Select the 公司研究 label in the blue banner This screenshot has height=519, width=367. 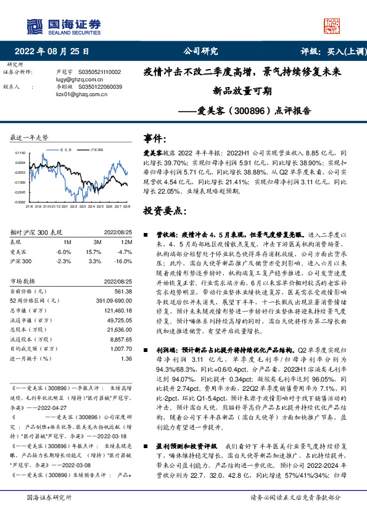[x=200, y=52]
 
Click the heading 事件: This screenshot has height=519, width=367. [x=155, y=138]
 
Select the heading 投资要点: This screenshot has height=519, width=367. [x=165, y=211]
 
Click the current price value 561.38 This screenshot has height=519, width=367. [x=123, y=291]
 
